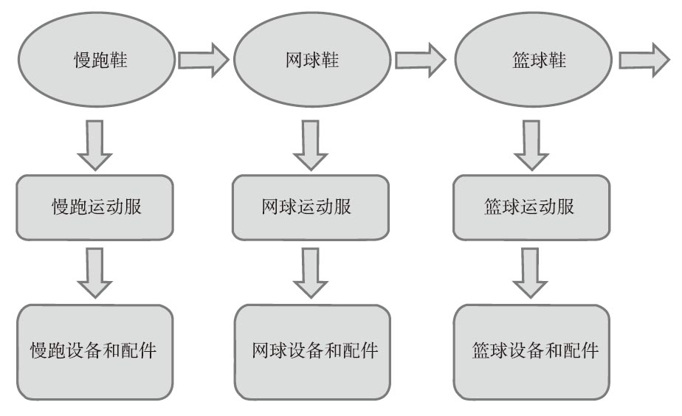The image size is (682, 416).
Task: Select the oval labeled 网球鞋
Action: click(311, 60)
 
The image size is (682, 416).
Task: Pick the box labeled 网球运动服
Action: click(311, 207)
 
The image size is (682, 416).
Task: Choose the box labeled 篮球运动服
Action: click(531, 207)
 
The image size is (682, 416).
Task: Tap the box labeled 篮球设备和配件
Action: click(531, 351)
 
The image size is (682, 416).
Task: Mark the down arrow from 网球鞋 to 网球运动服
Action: click(311, 144)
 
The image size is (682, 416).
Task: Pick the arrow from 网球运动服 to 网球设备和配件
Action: click(311, 271)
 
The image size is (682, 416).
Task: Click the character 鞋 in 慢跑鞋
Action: click(117, 60)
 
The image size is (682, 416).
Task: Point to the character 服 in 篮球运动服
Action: click(566, 207)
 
